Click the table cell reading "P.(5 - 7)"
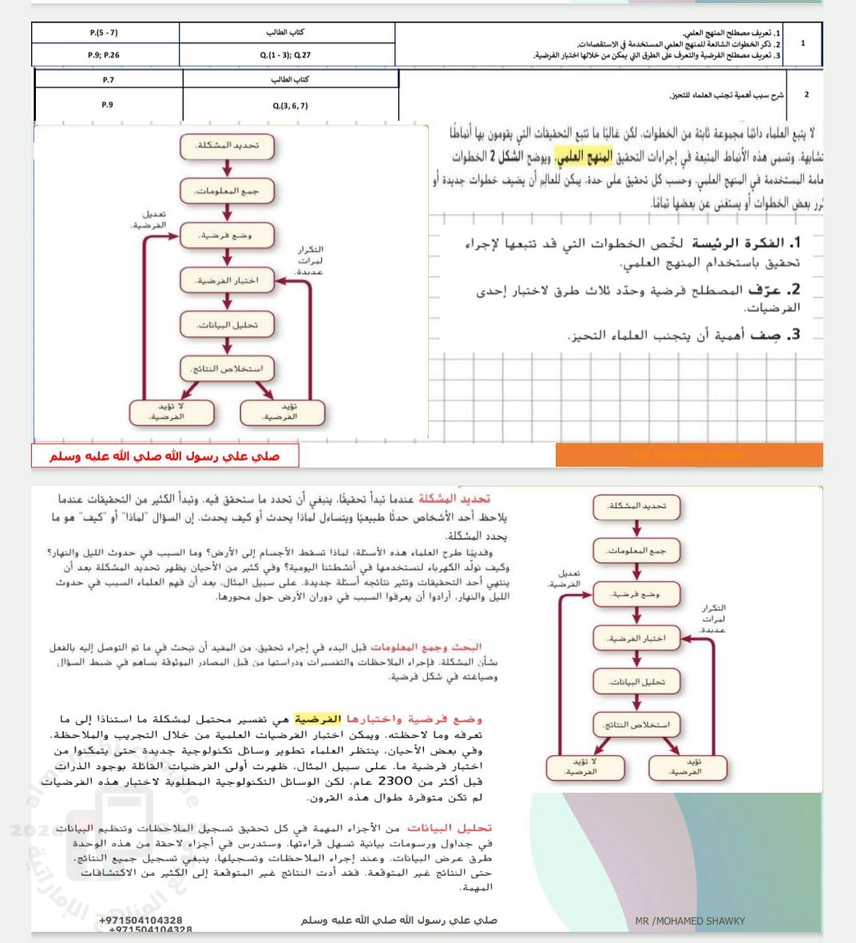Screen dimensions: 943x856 (x=105, y=33)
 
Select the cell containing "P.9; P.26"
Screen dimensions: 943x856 (x=105, y=55)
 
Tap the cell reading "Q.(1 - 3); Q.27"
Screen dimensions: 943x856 (x=286, y=55)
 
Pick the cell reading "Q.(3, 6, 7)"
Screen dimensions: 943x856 (x=290, y=105)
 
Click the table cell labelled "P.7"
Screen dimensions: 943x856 (x=109, y=80)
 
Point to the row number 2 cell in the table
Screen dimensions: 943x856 (x=806, y=95)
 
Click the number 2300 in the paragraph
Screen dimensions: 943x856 (x=394, y=782)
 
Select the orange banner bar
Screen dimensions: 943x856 (x=688, y=455)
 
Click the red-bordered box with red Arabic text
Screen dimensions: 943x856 (x=165, y=456)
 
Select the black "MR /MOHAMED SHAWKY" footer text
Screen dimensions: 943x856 (x=690, y=921)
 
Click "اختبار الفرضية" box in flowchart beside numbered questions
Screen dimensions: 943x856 (x=228, y=281)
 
